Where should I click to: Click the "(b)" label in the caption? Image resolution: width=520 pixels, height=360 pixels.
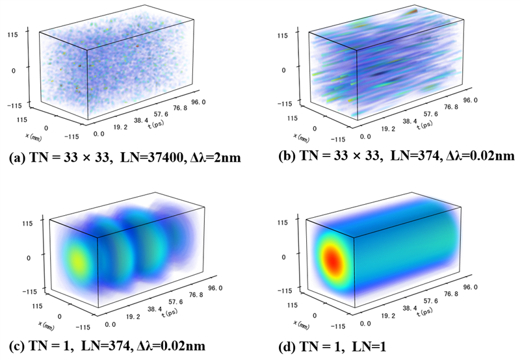(x=276, y=156)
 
